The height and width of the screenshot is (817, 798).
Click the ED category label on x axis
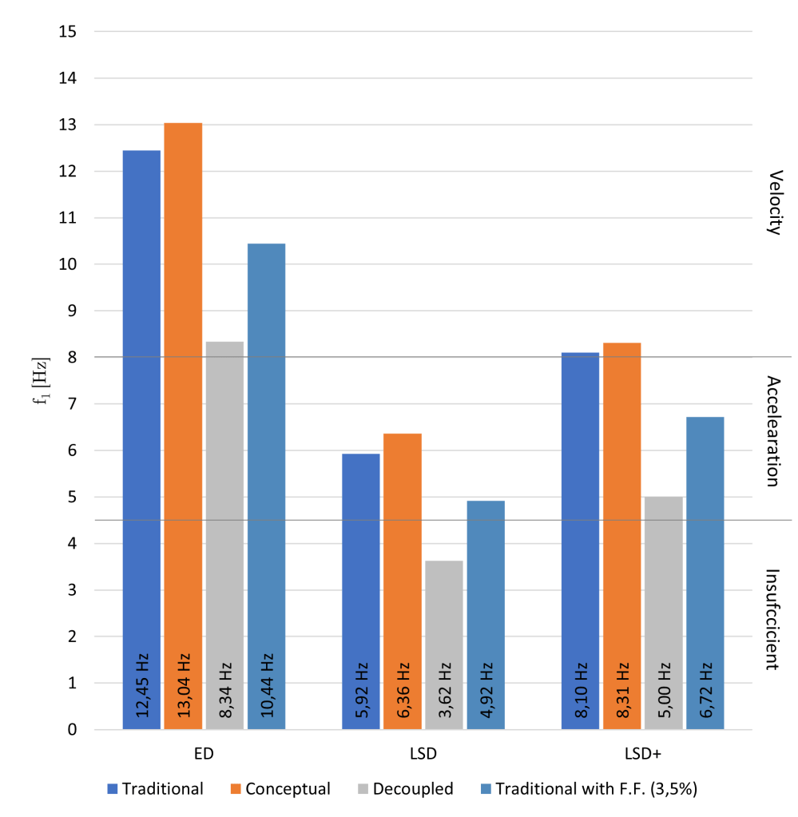point(204,753)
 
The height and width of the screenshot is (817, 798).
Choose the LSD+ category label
point(643,753)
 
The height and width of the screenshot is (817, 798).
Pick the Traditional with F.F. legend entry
point(598,789)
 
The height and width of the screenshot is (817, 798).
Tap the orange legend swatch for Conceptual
point(235,790)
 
